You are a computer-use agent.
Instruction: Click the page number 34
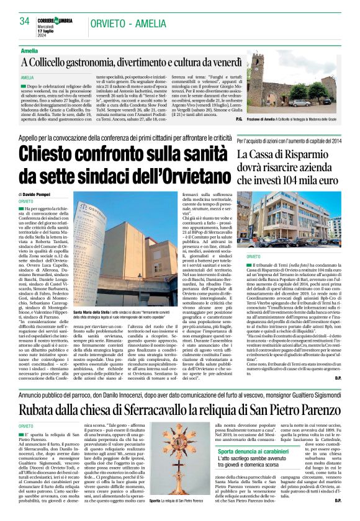(x=25, y=20)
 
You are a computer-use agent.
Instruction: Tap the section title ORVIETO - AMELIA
(x=184, y=20)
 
